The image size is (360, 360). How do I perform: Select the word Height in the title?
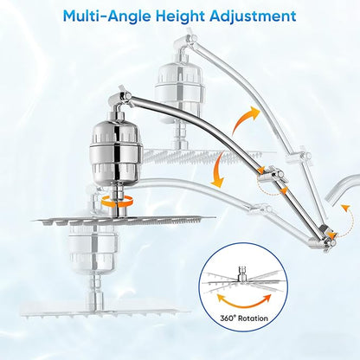(x=182, y=16)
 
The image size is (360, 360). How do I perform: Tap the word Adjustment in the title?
(x=253, y=16)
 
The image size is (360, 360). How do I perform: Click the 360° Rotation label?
(x=244, y=318)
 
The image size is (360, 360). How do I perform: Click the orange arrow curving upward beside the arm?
(x=245, y=119)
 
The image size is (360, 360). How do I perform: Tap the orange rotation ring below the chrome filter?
(x=118, y=201)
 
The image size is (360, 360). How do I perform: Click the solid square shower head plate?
(x=124, y=221)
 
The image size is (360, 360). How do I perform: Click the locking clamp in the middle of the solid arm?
(x=270, y=175)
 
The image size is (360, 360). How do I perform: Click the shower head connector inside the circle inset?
(x=242, y=273)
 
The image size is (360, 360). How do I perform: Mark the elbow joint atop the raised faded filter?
(x=185, y=45)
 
